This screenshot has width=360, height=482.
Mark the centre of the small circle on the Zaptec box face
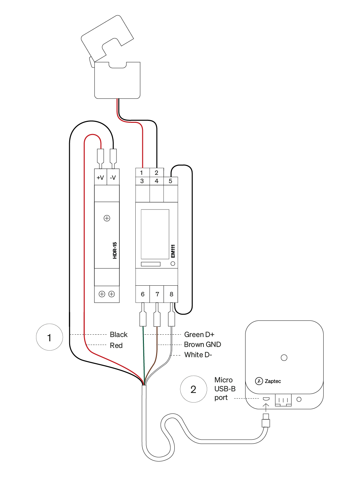[x=284, y=358]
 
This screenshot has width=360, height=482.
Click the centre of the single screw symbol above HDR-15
[x=107, y=218]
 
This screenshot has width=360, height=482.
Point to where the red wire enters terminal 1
[x=143, y=168]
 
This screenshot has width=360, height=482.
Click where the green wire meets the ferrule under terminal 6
[x=143, y=326]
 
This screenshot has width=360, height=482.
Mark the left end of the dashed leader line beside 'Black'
[x=70, y=334]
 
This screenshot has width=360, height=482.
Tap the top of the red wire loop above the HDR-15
[x=93, y=134]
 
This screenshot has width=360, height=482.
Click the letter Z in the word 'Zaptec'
[x=266, y=381]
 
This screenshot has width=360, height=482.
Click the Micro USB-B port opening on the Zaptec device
[x=266, y=399]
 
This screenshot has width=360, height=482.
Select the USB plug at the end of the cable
[x=266, y=420]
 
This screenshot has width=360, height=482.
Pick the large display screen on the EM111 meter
[x=155, y=234]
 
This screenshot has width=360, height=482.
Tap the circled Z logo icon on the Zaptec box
[x=259, y=381]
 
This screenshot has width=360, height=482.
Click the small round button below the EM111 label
[x=173, y=264]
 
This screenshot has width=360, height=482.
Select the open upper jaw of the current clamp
[x=107, y=38]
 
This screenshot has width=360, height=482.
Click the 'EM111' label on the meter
[x=173, y=251]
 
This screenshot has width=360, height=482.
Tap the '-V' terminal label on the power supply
[x=113, y=177]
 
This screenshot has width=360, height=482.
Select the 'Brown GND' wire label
[x=202, y=344]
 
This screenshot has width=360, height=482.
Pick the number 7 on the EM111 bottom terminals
[x=157, y=294]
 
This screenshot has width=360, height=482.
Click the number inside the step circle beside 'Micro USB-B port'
[x=193, y=389]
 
